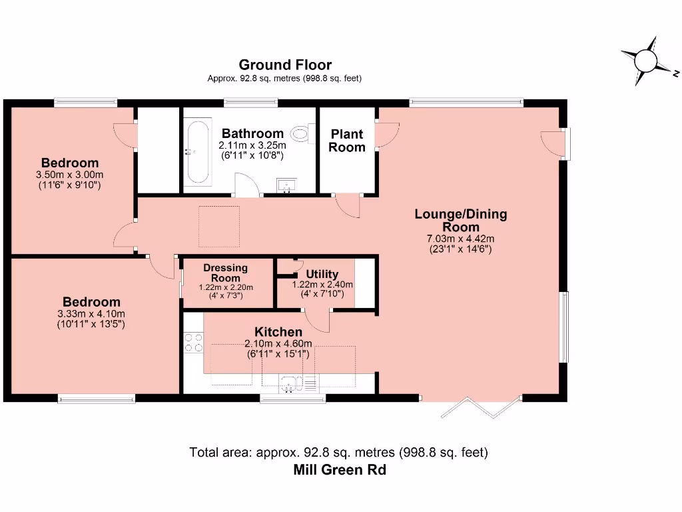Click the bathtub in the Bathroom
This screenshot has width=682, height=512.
click(x=198, y=151)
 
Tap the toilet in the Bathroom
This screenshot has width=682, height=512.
click(x=303, y=133)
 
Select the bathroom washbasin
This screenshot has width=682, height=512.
click(x=286, y=185)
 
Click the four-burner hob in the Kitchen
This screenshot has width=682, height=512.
click(x=193, y=342)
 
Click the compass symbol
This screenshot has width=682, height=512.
click(x=647, y=61)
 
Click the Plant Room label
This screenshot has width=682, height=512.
click(x=346, y=140)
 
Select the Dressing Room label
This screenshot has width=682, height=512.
click(x=225, y=273)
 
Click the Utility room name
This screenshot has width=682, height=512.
click(x=322, y=274)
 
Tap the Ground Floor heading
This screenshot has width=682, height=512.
click(x=285, y=65)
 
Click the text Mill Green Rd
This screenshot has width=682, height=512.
click(x=340, y=470)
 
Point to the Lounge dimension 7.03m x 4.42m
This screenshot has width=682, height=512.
click(x=461, y=239)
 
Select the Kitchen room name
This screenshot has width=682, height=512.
click(x=278, y=332)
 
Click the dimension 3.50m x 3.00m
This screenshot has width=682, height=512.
click(x=69, y=175)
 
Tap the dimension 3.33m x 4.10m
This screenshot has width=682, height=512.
click(x=91, y=313)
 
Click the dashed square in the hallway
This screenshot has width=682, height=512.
click(x=219, y=227)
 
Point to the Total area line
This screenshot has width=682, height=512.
click(x=338, y=453)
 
